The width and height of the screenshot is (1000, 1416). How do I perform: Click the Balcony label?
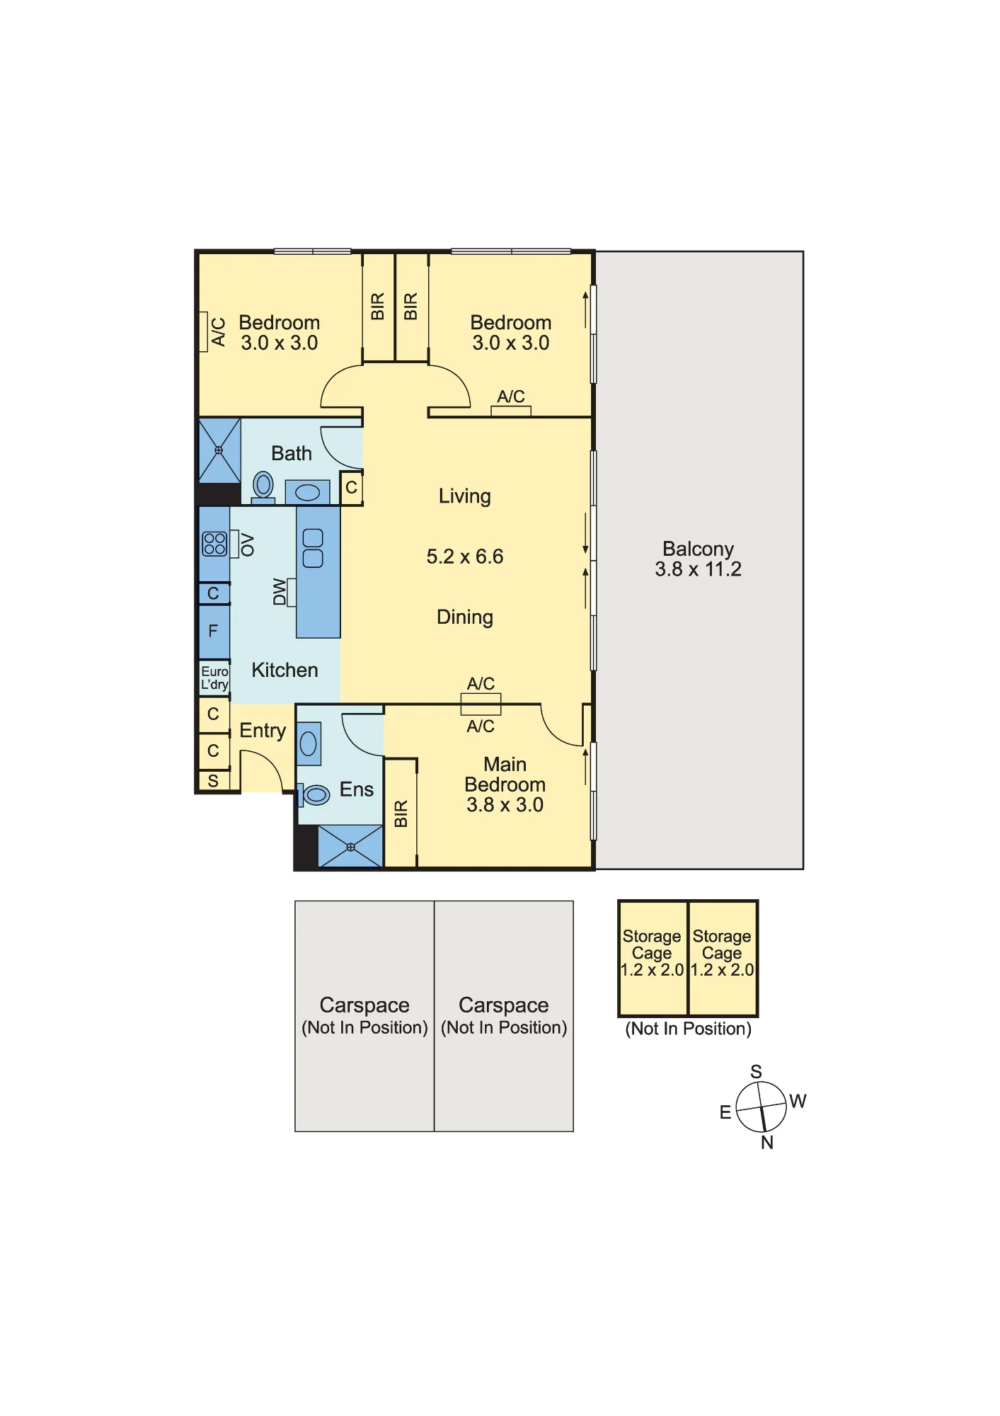(x=698, y=549)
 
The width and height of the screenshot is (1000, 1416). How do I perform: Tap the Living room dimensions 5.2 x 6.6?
(x=465, y=556)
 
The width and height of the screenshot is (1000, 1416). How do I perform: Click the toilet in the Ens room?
(x=314, y=795)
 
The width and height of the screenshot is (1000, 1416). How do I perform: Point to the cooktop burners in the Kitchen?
(x=214, y=544)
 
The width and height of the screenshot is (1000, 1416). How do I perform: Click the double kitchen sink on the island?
(x=313, y=549)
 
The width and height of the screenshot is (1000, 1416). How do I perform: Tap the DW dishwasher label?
(x=280, y=592)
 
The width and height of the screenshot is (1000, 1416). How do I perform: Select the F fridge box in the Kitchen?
(x=214, y=631)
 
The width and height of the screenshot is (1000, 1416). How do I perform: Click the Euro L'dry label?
(x=214, y=678)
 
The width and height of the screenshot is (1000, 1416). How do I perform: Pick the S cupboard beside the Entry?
(x=214, y=781)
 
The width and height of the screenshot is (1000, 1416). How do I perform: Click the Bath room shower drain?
(x=219, y=450)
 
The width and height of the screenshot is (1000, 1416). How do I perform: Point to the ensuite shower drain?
(x=350, y=847)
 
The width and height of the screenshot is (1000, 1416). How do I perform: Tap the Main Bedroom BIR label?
(x=401, y=814)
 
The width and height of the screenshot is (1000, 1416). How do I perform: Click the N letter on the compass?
(x=767, y=1143)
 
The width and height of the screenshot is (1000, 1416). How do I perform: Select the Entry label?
(x=263, y=731)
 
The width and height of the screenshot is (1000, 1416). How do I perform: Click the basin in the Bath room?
(x=307, y=492)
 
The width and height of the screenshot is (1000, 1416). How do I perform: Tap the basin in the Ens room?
(x=309, y=743)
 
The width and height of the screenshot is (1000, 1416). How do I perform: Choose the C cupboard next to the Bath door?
(x=351, y=488)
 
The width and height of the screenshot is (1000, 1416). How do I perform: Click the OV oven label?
(x=247, y=544)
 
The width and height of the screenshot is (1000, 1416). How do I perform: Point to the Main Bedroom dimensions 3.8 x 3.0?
(x=505, y=805)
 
